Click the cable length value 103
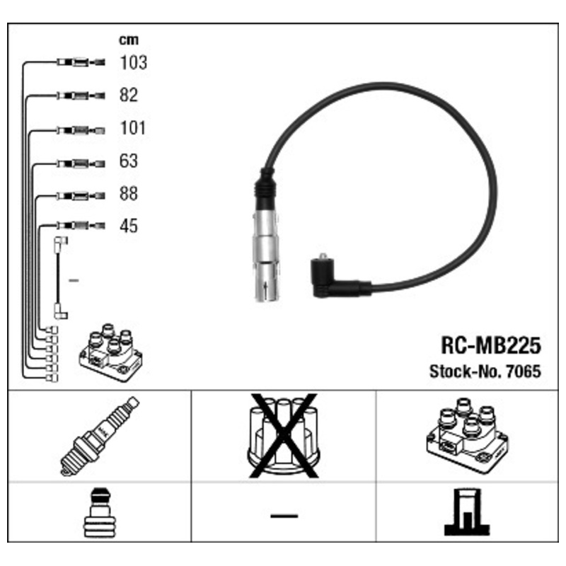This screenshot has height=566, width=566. click(x=133, y=62)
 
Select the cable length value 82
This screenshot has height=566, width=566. click(x=129, y=96)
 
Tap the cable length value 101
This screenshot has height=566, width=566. click(x=132, y=128)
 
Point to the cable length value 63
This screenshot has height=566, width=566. click(x=129, y=161)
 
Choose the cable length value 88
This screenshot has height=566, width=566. click(x=129, y=193)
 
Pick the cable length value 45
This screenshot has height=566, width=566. click(x=129, y=226)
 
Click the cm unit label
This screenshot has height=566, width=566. click(x=129, y=40)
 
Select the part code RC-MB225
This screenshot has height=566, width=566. click(x=490, y=345)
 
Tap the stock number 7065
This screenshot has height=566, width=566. click(x=523, y=371)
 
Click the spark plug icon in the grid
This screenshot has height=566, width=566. click(x=100, y=436)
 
